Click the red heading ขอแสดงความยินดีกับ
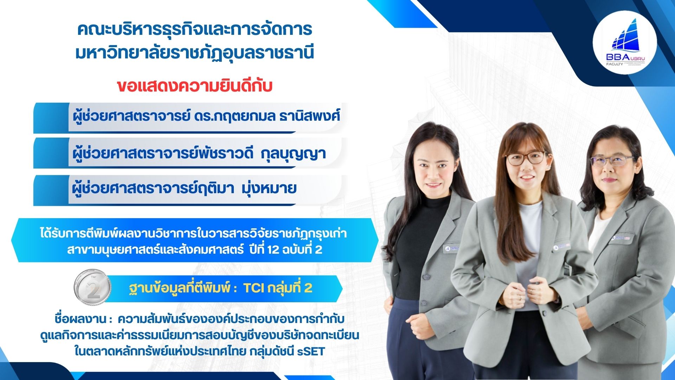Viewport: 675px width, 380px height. pyautogui.click(x=194, y=86)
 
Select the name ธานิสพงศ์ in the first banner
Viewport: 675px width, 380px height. pyautogui.click(x=309, y=116)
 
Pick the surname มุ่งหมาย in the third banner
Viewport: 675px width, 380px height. pyautogui.click(x=269, y=188)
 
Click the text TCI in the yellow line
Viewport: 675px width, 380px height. pyautogui.click(x=253, y=288)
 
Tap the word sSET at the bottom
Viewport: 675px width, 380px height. pyautogui.click(x=311, y=351)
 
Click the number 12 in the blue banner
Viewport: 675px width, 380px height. pyautogui.click(x=273, y=249)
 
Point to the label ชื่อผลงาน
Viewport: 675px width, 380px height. pyautogui.click(x=81, y=319)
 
